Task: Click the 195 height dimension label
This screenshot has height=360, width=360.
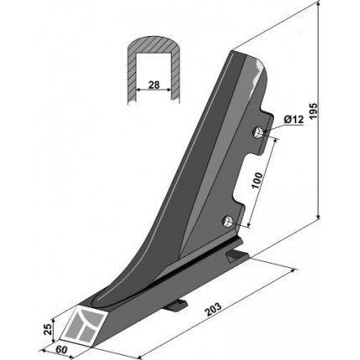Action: click(x=313, y=112)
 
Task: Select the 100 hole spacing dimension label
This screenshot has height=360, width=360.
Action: click(x=257, y=181)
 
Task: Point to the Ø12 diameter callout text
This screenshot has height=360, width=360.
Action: click(x=294, y=120)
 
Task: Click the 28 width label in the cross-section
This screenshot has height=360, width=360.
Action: click(x=154, y=85)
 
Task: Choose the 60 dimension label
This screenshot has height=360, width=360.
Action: click(x=62, y=350)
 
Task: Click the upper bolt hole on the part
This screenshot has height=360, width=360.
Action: click(x=258, y=133)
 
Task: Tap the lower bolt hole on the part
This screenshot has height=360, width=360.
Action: click(x=227, y=222)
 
